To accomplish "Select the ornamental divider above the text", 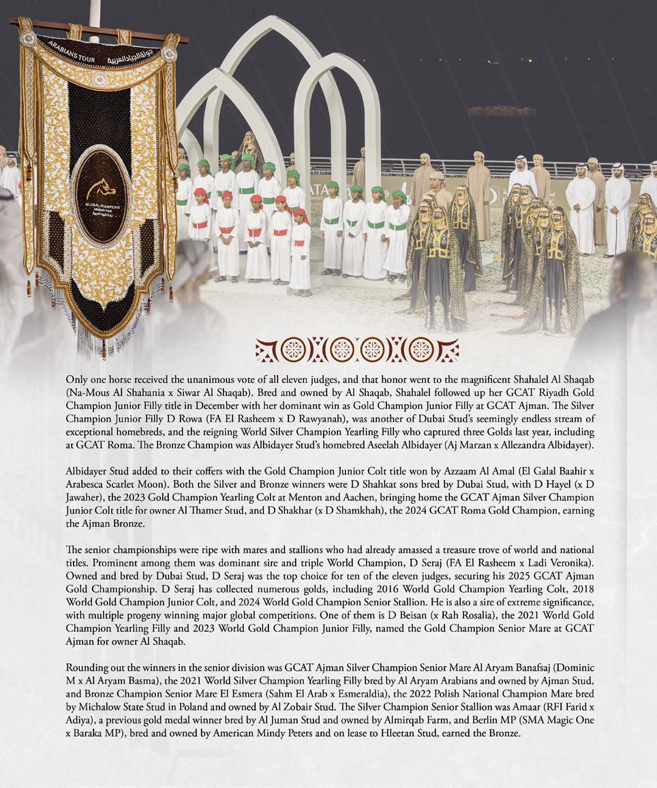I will [356, 350].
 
